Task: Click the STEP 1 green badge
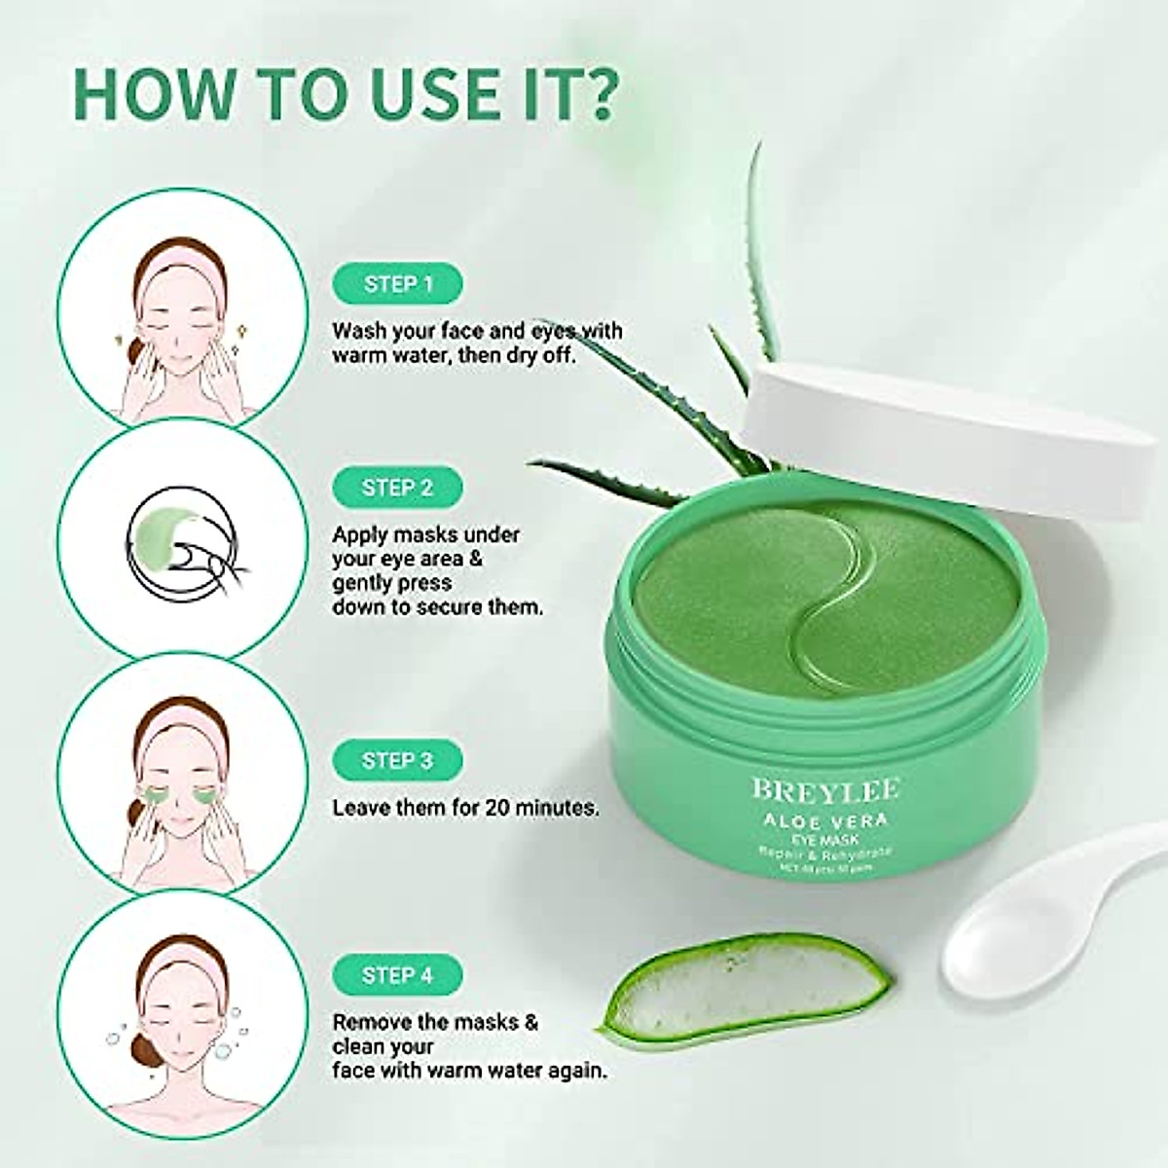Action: (x=398, y=284)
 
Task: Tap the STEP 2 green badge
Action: (x=398, y=488)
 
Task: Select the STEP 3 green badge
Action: (x=398, y=761)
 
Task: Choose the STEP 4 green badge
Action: (x=398, y=975)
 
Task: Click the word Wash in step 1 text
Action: (x=358, y=331)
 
